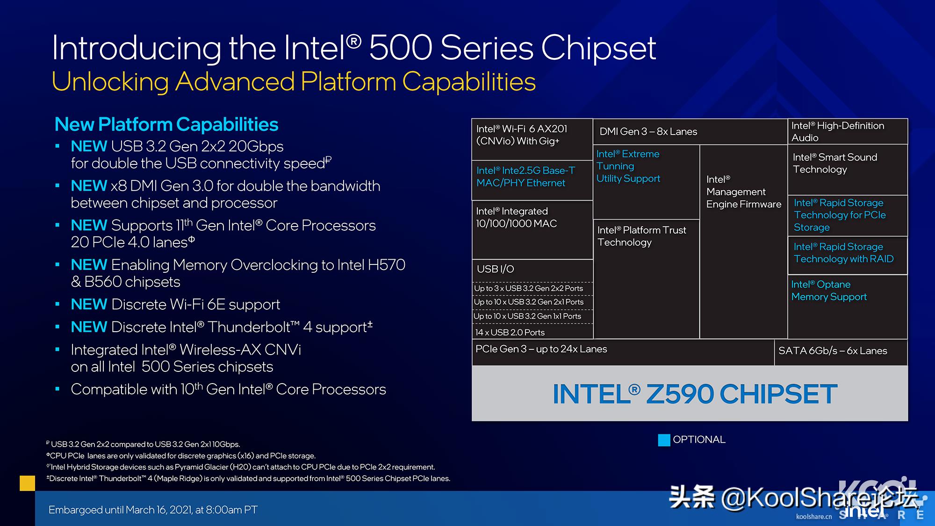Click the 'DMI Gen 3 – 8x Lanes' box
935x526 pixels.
690,132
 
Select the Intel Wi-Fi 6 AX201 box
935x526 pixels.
532,139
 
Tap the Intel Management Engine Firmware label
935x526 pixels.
743,192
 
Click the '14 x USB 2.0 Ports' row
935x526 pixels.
532,332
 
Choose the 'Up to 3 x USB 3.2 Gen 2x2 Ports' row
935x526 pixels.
532,289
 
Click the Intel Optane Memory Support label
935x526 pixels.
829,291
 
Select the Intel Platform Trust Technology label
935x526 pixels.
642,236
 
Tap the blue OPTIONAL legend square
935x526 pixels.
664,440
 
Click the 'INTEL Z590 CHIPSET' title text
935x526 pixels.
695,394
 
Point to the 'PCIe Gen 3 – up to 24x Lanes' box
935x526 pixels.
623,352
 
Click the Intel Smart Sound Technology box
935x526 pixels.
848,170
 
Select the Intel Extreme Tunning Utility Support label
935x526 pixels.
628,166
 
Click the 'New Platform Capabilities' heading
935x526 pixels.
166,124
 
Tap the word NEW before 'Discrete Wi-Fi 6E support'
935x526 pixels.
89,305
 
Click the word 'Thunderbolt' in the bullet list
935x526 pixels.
248,327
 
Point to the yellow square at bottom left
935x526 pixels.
28,483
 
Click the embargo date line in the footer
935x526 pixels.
153,510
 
